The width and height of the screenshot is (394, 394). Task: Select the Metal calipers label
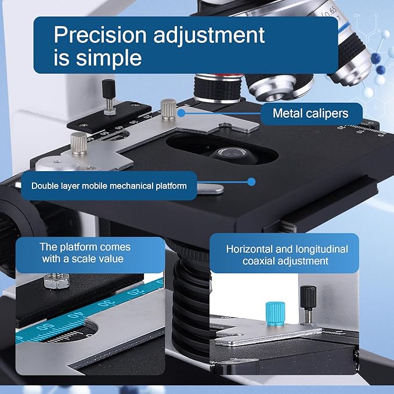[310, 113]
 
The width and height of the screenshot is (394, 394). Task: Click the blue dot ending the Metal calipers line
[182, 110]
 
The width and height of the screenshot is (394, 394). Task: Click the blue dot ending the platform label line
[251, 182]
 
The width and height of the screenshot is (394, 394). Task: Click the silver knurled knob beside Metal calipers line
[168, 108]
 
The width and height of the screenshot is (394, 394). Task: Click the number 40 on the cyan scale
[77, 317]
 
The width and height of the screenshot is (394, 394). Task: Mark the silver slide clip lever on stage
[208, 187]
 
